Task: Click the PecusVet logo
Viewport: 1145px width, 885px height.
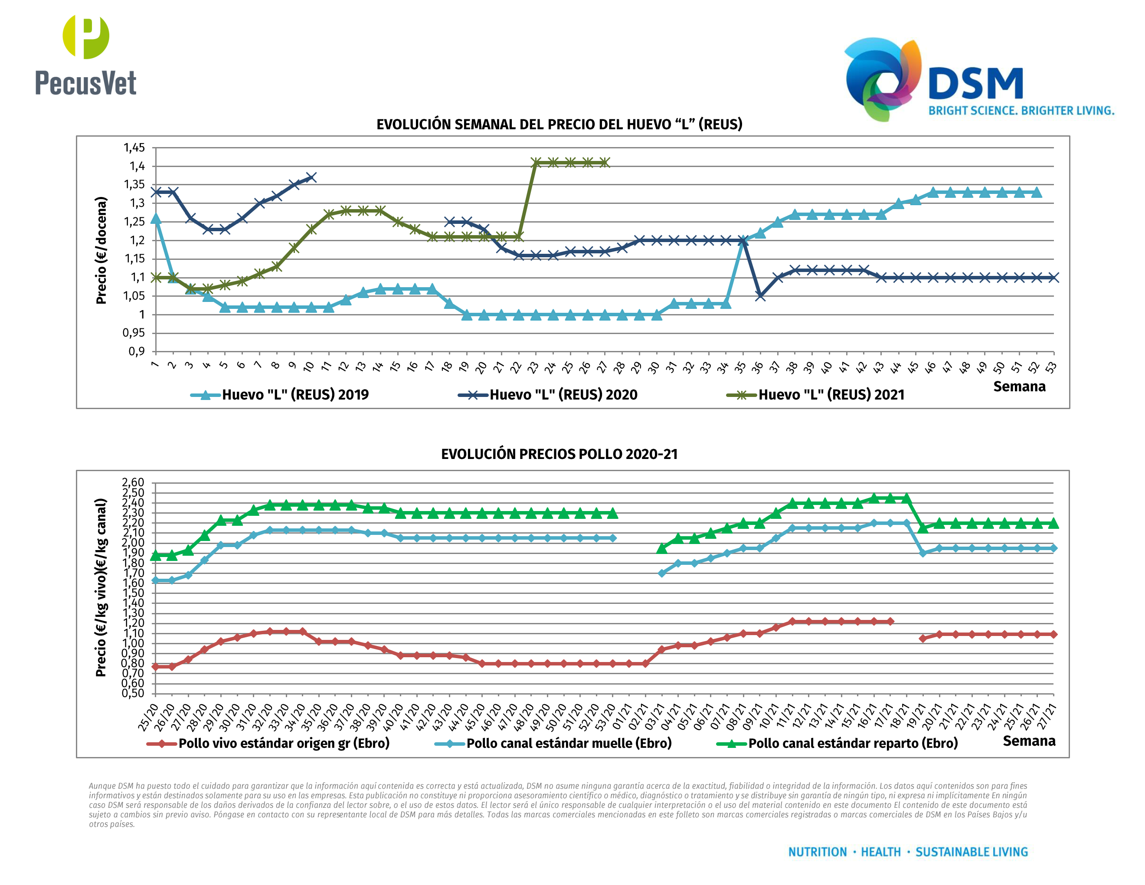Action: pos(85,55)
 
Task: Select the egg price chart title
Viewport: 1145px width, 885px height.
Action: pos(559,124)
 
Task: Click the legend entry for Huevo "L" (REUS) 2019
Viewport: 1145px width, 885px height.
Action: pos(280,394)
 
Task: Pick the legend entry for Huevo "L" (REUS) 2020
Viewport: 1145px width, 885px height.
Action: pos(548,394)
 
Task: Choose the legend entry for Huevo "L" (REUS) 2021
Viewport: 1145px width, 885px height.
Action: pos(816,394)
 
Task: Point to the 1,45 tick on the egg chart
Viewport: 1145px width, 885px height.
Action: pos(134,147)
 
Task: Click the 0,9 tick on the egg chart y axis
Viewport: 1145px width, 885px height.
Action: pos(136,351)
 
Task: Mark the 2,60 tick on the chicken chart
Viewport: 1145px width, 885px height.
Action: pos(133,482)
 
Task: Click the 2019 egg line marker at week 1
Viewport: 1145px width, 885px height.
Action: pos(156,219)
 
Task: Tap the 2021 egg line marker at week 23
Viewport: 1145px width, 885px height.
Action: pos(536,163)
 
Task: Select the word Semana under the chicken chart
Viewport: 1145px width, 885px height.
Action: pos(1029,741)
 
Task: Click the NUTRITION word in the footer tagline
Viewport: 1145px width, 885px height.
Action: pos(818,852)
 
